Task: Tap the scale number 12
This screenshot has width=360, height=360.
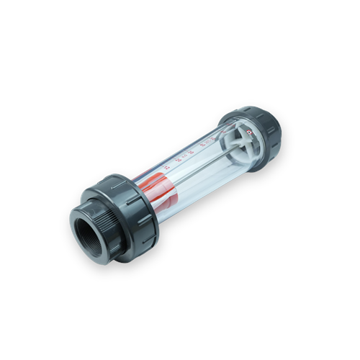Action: pos(166,167)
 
